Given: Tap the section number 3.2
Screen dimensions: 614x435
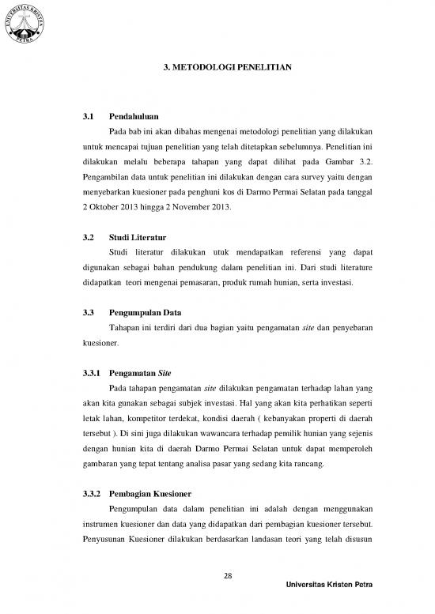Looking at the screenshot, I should pos(89,236).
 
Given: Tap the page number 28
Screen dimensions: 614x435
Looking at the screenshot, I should pos(228,574).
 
